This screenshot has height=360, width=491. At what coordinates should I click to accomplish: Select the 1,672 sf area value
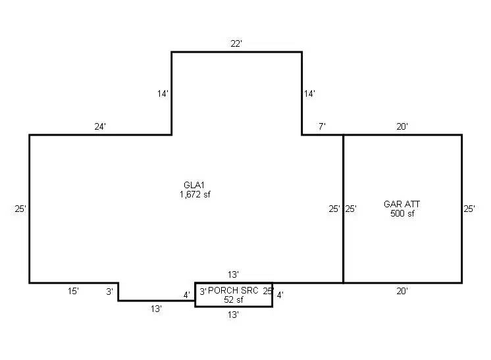coord(195,194)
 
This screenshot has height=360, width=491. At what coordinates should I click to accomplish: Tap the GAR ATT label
coord(401,204)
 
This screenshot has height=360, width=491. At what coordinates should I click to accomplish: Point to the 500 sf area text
coord(402,214)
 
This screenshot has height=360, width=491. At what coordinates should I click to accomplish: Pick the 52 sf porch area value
coord(234,299)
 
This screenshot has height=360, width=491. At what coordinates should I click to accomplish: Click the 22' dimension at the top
coord(237,43)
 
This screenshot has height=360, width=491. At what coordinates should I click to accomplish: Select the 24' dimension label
coord(100,126)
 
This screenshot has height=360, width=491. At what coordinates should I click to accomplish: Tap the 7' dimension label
coord(322,126)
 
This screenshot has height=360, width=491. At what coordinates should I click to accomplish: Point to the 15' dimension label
coord(73,290)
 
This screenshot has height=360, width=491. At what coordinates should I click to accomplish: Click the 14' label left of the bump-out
coord(163,94)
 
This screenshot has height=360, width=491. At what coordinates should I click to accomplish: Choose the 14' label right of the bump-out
coord(310,94)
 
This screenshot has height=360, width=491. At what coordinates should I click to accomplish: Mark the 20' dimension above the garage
coord(402,126)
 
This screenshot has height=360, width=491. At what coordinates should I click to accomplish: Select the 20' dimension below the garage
coord(402,290)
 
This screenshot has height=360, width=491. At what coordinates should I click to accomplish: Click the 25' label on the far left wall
coord(20,209)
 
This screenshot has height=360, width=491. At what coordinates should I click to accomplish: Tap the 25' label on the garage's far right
coord(469,209)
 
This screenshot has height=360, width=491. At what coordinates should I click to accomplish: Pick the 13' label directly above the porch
coord(233,274)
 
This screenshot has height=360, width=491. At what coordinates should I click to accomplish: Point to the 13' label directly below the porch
coord(233,315)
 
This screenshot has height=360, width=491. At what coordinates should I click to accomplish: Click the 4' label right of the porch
coord(280,296)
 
